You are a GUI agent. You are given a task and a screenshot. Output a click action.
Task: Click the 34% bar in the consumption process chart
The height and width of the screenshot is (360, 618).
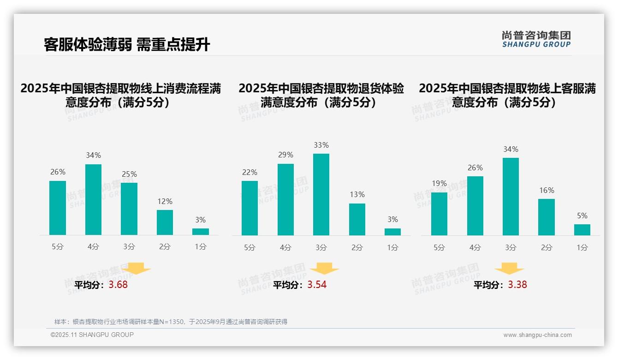pyautogui.click(x=93, y=199)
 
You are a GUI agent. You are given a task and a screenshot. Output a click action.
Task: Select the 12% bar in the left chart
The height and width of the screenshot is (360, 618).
pyautogui.click(x=165, y=222)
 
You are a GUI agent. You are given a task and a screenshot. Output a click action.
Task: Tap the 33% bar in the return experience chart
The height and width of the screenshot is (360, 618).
pyautogui.click(x=321, y=194)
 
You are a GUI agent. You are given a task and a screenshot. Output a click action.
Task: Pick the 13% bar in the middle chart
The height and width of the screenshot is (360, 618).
pyautogui.click(x=357, y=219)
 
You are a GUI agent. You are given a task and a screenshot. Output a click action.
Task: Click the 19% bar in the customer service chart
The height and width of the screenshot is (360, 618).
pyautogui.click(x=439, y=214)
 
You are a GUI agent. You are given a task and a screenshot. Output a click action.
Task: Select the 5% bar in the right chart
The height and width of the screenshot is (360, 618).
pyautogui.click(x=582, y=230)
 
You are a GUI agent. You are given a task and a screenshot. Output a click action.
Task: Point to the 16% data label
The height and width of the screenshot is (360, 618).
pyautogui.click(x=547, y=190)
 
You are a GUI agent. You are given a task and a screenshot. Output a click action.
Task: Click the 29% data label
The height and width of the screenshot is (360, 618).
pyautogui.click(x=285, y=155)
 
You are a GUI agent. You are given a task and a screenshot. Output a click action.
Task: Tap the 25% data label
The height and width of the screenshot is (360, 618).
pyautogui.click(x=129, y=174)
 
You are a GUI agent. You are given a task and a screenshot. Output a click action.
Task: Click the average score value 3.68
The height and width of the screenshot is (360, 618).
pyautogui.click(x=118, y=285)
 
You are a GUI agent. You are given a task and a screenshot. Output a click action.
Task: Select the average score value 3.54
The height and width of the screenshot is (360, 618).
pyautogui.click(x=317, y=285)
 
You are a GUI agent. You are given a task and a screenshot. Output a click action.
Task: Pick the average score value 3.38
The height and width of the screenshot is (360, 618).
pyautogui.click(x=517, y=285)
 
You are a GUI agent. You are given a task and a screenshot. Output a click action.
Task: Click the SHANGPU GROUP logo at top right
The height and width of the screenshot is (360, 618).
pyautogui.click(x=536, y=39)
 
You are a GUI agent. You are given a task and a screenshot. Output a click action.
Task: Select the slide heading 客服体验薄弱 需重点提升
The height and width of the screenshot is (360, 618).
pyautogui.click(x=127, y=44)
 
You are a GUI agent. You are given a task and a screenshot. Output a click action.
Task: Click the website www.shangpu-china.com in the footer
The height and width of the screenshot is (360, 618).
pyautogui.click(x=537, y=335)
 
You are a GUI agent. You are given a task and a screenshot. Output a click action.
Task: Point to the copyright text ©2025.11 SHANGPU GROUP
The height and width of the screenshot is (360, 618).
pyautogui.click(x=92, y=335)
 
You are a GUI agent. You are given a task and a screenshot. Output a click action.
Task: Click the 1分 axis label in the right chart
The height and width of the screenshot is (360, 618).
pyautogui.click(x=582, y=247)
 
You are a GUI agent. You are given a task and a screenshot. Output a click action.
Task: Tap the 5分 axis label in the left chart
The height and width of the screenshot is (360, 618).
pyautogui.click(x=58, y=247)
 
